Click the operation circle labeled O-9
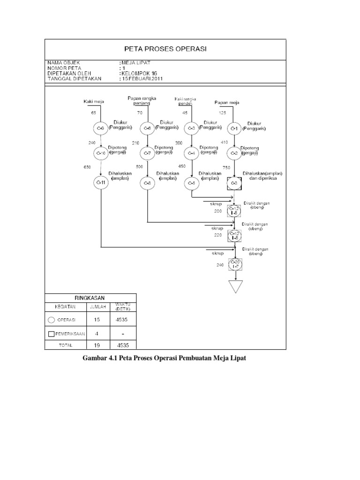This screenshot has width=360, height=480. (101, 128)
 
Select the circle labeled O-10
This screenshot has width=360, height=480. (101, 153)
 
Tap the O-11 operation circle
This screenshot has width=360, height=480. (101, 183)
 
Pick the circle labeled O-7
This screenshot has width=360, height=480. (147, 153)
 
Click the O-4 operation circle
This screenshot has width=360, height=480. (191, 153)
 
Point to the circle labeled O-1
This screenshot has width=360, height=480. (234, 128)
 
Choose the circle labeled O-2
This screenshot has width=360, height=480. (234, 153)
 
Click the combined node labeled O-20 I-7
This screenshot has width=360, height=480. (235, 264)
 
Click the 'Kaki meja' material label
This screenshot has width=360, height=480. (93, 101)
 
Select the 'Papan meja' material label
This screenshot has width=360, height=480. (227, 102)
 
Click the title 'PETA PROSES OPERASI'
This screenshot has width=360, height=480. (165, 48)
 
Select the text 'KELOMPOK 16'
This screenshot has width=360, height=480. (141, 74)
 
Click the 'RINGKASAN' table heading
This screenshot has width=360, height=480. (91, 297)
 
